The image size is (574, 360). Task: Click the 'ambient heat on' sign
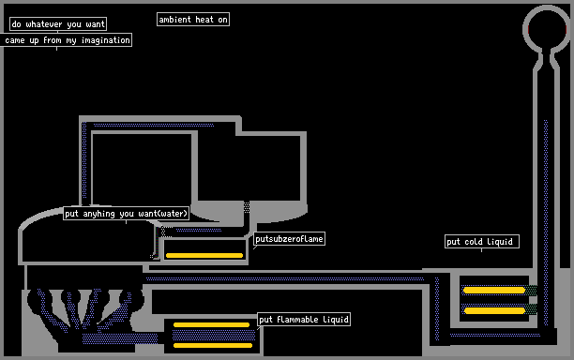tap(193, 20)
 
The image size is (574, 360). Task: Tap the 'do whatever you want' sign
tap(58, 24)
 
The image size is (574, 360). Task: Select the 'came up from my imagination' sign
tap(67, 40)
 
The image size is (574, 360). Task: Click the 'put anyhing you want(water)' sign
tap(127, 214)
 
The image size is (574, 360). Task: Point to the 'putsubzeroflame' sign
tap(289, 239)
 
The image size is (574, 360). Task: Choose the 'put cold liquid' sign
tap(482, 242)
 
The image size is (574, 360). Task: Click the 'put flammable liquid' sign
tap(304, 320)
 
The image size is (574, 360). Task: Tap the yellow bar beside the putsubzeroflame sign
tap(204, 255)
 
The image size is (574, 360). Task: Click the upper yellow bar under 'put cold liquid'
tap(494, 291)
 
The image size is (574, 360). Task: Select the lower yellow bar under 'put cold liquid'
tap(494, 311)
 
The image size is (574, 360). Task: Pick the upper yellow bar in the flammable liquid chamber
tap(212, 325)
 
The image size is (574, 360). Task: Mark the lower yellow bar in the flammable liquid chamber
tap(213, 345)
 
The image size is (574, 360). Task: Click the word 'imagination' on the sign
tap(106, 40)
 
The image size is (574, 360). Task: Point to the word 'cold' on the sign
tap(473, 242)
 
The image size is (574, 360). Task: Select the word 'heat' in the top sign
tap(204, 20)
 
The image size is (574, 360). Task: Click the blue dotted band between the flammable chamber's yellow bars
tap(214, 335)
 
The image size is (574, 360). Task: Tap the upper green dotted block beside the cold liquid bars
tap(532, 291)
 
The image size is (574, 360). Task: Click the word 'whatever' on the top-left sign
tap(44, 24)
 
